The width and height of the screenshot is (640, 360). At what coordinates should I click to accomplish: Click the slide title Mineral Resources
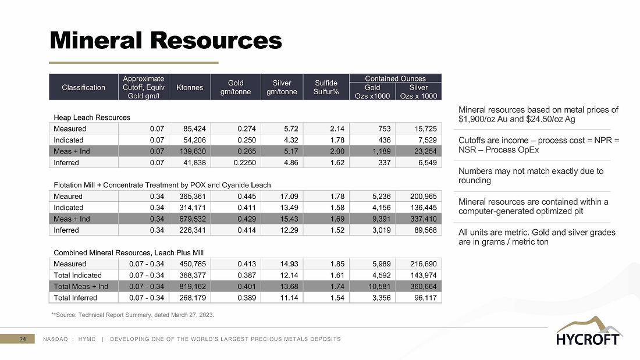[166, 40]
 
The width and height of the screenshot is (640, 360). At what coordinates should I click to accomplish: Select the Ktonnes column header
[190, 87]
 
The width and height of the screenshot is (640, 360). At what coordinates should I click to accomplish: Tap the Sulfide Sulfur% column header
[326, 87]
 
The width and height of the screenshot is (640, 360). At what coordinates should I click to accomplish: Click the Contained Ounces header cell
[395, 78]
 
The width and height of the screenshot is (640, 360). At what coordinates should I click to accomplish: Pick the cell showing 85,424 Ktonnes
[190, 129]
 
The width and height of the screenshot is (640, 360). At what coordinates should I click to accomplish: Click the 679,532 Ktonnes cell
[190, 219]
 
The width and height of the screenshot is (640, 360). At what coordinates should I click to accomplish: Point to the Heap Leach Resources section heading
[92, 117]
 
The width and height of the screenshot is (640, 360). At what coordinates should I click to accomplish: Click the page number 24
[23, 339]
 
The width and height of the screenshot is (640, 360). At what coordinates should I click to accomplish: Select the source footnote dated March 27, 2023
[133, 315]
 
